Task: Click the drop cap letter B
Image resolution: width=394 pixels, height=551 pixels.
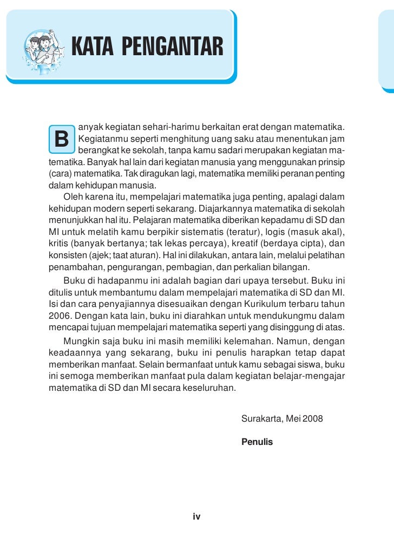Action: point(62,140)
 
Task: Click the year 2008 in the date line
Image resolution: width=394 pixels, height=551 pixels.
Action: point(313,418)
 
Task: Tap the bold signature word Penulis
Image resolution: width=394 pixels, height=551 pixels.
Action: point(257,442)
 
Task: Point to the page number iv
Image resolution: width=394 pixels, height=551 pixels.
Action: point(196,517)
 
